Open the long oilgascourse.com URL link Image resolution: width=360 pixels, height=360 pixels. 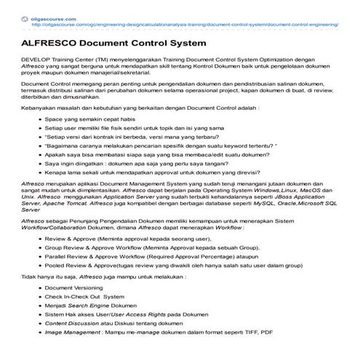[185, 23]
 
